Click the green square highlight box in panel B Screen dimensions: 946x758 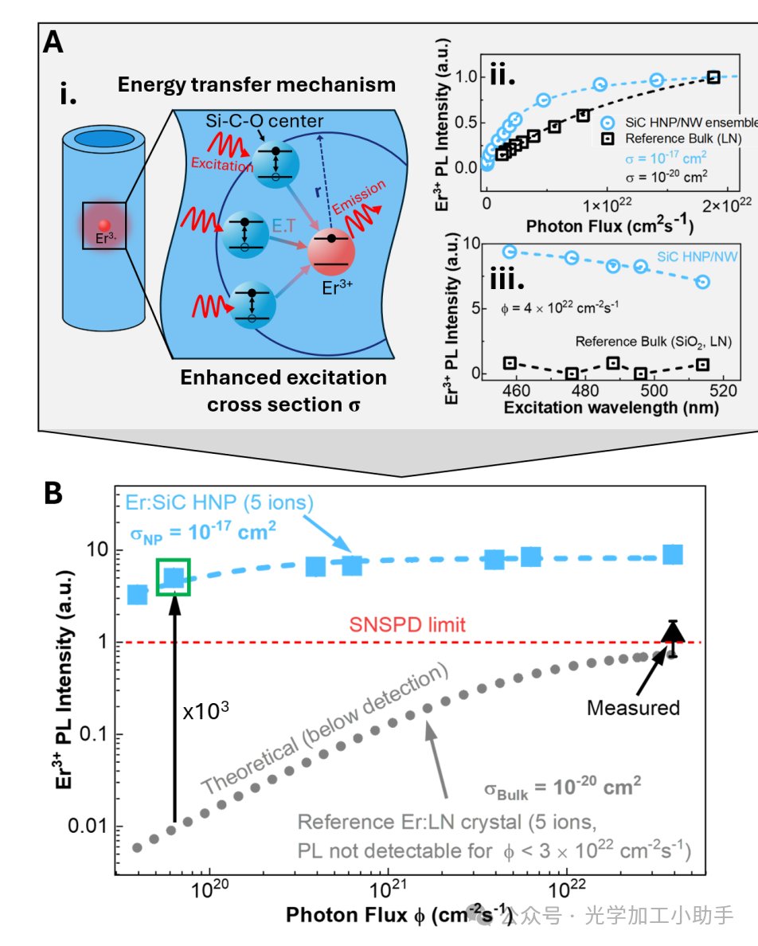[174, 577]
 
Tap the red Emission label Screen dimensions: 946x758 [359, 197]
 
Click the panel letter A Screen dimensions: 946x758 [53, 42]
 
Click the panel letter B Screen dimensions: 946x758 [53, 494]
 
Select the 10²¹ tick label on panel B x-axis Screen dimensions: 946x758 [388, 881]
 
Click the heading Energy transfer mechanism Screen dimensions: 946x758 [256, 84]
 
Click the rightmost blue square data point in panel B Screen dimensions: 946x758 [673, 555]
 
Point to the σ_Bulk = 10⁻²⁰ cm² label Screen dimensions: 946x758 [563, 788]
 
